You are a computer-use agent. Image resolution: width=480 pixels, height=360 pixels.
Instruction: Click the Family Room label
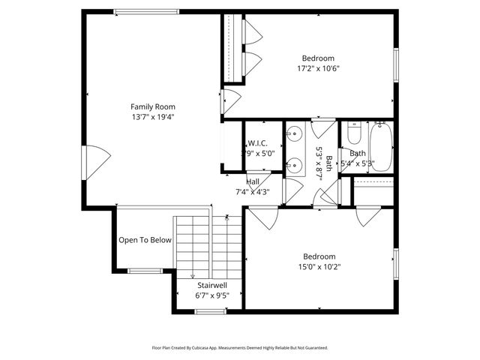pos(152,106)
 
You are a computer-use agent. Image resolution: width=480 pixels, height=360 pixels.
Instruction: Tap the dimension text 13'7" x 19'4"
pos(152,116)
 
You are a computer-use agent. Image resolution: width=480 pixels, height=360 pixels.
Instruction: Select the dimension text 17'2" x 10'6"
pos(318,68)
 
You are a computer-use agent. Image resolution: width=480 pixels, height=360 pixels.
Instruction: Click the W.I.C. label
pos(256,144)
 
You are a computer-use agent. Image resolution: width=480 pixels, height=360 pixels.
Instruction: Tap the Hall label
pos(253,181)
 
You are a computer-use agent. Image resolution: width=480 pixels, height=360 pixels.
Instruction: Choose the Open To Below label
pos(145,240)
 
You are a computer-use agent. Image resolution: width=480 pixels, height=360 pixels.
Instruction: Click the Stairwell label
pos(212,286)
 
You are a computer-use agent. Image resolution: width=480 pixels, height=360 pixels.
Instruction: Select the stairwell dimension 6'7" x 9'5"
pos(212,295)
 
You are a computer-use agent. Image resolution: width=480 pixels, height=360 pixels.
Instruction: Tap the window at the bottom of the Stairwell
pos(206,310)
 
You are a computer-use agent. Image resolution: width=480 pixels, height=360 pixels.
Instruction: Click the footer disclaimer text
pos(239,348)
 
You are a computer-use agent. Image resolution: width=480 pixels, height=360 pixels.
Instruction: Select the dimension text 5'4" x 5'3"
pos(358,163)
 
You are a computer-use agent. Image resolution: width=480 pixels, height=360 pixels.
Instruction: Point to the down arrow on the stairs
pos(193,274)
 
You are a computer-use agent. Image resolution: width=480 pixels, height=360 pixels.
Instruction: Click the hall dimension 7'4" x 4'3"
pos(253,191)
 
